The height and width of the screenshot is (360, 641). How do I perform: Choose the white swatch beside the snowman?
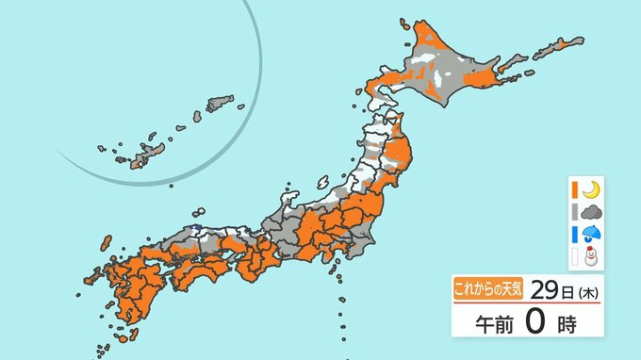click(573, 254)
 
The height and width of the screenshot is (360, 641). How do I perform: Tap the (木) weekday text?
click(586, 291)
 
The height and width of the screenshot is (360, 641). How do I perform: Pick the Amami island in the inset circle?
click(219, 101)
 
